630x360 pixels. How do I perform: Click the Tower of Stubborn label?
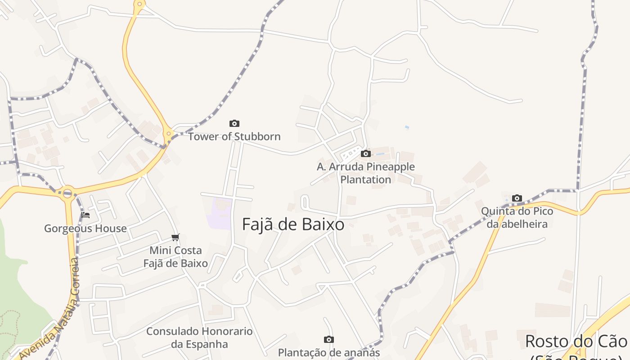pyautogui.click(x=234, y=136)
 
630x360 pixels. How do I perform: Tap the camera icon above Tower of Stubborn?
pyautogui.click(x=234, y=123)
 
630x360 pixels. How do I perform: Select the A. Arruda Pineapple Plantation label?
pyautogui.click(x=365, y=173)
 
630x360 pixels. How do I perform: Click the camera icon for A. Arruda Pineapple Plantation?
pyautogui.click(x=366, y=153)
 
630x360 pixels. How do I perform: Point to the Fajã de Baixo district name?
pyautogui.click(x=293, y=224)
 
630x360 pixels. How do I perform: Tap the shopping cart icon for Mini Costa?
pyautogui.click(x=175, y=237)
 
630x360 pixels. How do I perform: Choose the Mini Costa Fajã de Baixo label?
pyautogui.click(x=175, y=256)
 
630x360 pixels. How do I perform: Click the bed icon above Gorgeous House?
pyautogui.click(x=85, y=215)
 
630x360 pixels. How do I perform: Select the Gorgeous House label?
pyautogui.click(x=85, y=228)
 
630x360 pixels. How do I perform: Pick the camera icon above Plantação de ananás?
pyautogui.click(x=329, y=339)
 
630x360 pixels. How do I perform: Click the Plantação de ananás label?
pyautogui.click(x=329, y=352)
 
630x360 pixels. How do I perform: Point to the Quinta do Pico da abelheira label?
pyautogui.click(x=517, y=217)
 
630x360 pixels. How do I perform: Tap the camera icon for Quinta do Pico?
pyautogui.click(x=517, y=198)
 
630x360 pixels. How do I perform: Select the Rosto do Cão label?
pyautogui.click(x=576, y=341)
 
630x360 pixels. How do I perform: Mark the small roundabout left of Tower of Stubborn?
pyautogui.click(x=168, y=133)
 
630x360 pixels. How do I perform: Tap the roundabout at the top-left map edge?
pyautogui.click(x=139, y=5)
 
